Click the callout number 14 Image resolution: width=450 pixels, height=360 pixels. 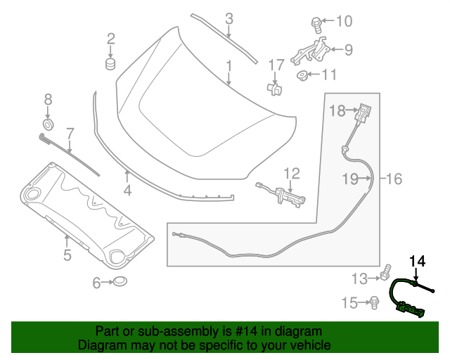(x=418, y=262)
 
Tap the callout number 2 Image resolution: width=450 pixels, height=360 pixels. (x=110, y=38)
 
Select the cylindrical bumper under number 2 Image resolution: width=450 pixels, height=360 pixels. (x=110, y=65)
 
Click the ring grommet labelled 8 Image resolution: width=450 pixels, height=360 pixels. (x=49, y=125)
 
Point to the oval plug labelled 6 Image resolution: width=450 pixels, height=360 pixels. (x=122, y=283)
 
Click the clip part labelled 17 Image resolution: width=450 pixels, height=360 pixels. (x=276, y=89)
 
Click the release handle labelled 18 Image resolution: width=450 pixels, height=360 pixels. (x=363, y=112)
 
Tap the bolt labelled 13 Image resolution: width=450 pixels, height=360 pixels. (x=386, y=271)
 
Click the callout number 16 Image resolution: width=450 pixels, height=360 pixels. (x=394, y=179)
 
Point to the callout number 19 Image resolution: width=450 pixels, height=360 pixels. (x=351, y=179)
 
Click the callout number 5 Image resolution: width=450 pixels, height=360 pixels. (x=67, y=255)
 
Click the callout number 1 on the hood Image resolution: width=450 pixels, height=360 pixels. (x=229, y=67)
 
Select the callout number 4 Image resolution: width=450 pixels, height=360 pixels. (x=127, y=190)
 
